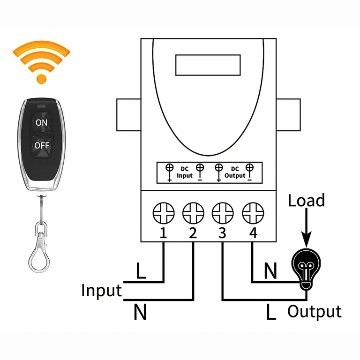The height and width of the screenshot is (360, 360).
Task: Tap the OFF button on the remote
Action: (42, 145)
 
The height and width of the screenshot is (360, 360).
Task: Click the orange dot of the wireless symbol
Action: (42, 78)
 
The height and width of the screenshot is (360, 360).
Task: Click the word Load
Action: (306, 201)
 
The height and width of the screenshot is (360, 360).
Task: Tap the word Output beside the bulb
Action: (315, 311)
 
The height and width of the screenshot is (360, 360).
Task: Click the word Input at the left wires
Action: (101, 291)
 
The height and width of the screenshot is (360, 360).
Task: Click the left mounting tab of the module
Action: (128, 115)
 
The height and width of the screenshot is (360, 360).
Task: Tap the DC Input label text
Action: (184, 172)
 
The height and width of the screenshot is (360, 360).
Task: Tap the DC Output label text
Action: (235, 172)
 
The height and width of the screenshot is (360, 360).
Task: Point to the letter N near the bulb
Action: (270, 270)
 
